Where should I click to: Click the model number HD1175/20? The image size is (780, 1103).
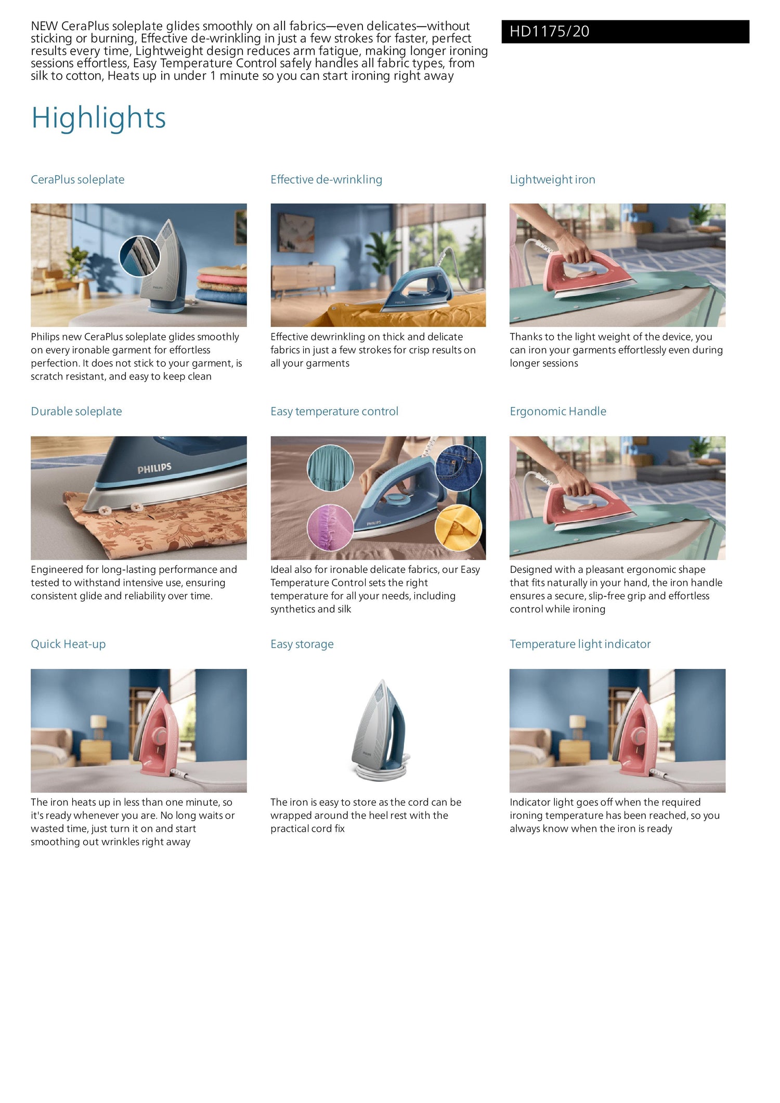[549, 32]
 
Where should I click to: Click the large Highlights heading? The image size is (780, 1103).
[99, 118]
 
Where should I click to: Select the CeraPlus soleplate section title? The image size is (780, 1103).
[77, 180]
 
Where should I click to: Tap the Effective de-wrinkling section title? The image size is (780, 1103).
[326, 180]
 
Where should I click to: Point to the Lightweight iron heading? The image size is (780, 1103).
[552, 180]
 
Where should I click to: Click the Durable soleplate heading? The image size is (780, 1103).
[76, 412]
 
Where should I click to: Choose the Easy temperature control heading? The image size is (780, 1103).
[334, 412]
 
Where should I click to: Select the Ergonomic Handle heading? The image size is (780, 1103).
[558, 412]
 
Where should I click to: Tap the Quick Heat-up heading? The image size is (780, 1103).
[68, 645]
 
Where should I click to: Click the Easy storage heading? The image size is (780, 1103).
[302, 645]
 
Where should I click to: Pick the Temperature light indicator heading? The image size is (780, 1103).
[580, 645]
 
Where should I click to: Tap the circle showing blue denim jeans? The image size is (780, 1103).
[458, 468]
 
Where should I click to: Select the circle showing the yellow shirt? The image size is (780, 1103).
[458, 528]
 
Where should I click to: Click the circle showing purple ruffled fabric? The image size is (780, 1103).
[331, 528]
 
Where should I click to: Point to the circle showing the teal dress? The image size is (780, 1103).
[331, 468]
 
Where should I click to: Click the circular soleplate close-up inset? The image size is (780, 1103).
[140, 256]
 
